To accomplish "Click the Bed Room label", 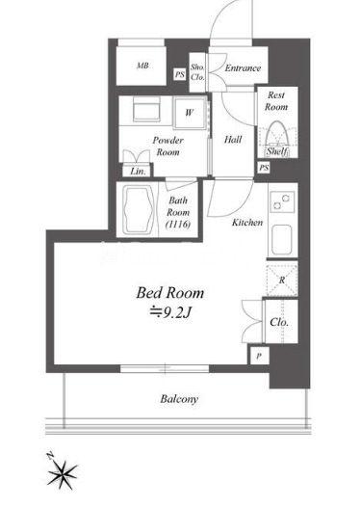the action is click(170, 293).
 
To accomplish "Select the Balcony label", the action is click(179, 399).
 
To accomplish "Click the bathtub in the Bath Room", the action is click(140, 209).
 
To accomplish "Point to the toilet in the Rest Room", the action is click(276, 135).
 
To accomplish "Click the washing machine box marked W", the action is click(190, 113).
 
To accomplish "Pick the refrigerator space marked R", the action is click(282, 280).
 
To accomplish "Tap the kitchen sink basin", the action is click(282, 240).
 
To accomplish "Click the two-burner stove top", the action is click(282, 201).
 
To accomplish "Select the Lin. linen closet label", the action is click(138, 171).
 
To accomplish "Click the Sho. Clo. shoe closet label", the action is click(197, 72).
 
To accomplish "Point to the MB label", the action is click(142, 66).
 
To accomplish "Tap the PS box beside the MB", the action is click(180, 74).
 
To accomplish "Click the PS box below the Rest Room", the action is click(264, 168).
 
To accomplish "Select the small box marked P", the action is click(259, 357).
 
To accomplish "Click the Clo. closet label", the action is click(279, 322).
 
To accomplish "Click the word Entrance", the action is click(243, 68).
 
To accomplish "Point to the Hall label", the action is click(233, 140).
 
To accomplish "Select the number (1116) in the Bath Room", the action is click(178, 225).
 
